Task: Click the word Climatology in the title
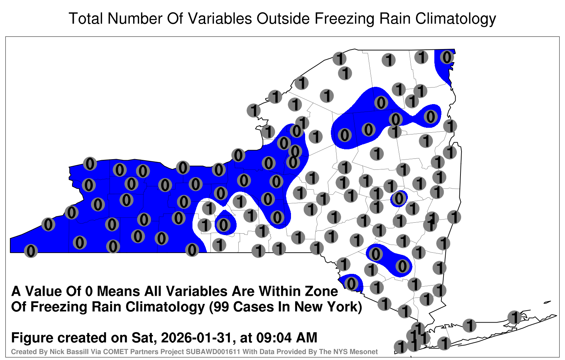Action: tap(456, 19)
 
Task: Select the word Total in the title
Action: tap(86, 18)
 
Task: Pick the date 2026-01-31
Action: tap(196, 338)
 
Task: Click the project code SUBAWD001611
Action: tap(213, 352)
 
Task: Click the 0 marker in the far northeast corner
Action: tap(447, 57)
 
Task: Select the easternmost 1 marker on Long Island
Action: tap(514, 317)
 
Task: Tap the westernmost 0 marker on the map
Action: tap(31, 251)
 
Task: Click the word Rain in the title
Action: tap(395, 18)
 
